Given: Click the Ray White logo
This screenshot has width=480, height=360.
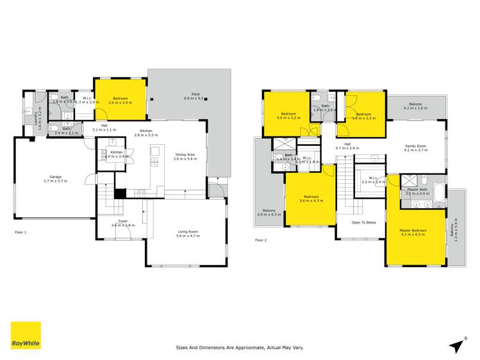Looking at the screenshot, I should tap(26, 336).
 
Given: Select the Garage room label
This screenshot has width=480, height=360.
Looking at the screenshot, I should tap(55, 176).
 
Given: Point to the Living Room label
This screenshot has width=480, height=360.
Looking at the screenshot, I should tap(188, 231).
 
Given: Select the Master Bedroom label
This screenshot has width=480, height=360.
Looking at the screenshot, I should tap(413, 230).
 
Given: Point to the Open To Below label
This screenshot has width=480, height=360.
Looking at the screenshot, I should tap(363, 222).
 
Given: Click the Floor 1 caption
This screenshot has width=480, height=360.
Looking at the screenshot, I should tap(21, 232).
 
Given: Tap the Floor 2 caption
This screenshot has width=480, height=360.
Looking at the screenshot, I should tap(260, 240).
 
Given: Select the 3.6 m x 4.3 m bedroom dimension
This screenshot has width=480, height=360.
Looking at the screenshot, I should tap(310, 200).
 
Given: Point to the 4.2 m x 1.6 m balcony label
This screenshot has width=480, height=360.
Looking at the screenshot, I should tap(415, 108).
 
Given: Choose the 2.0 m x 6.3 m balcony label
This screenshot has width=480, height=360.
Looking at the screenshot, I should tap(269, 214).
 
